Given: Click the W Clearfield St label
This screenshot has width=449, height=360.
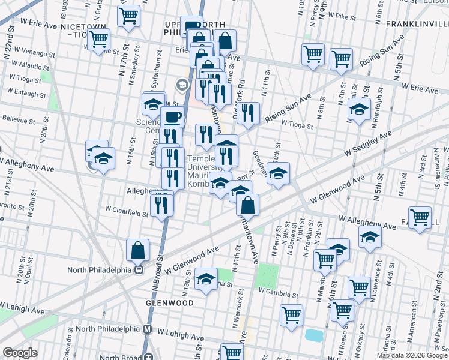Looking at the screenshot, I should [126, 211].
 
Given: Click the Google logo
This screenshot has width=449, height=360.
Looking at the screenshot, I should [20, 353].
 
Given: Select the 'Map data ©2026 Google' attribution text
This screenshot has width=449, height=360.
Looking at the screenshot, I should [412, 355].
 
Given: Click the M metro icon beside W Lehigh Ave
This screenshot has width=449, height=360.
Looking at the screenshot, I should [148, 329].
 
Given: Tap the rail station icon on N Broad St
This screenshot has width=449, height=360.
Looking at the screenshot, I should [139, 269].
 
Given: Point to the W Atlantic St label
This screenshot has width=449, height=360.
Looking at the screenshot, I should [30, 65].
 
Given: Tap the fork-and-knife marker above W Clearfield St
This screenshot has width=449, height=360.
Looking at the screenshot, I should [161, 205].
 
